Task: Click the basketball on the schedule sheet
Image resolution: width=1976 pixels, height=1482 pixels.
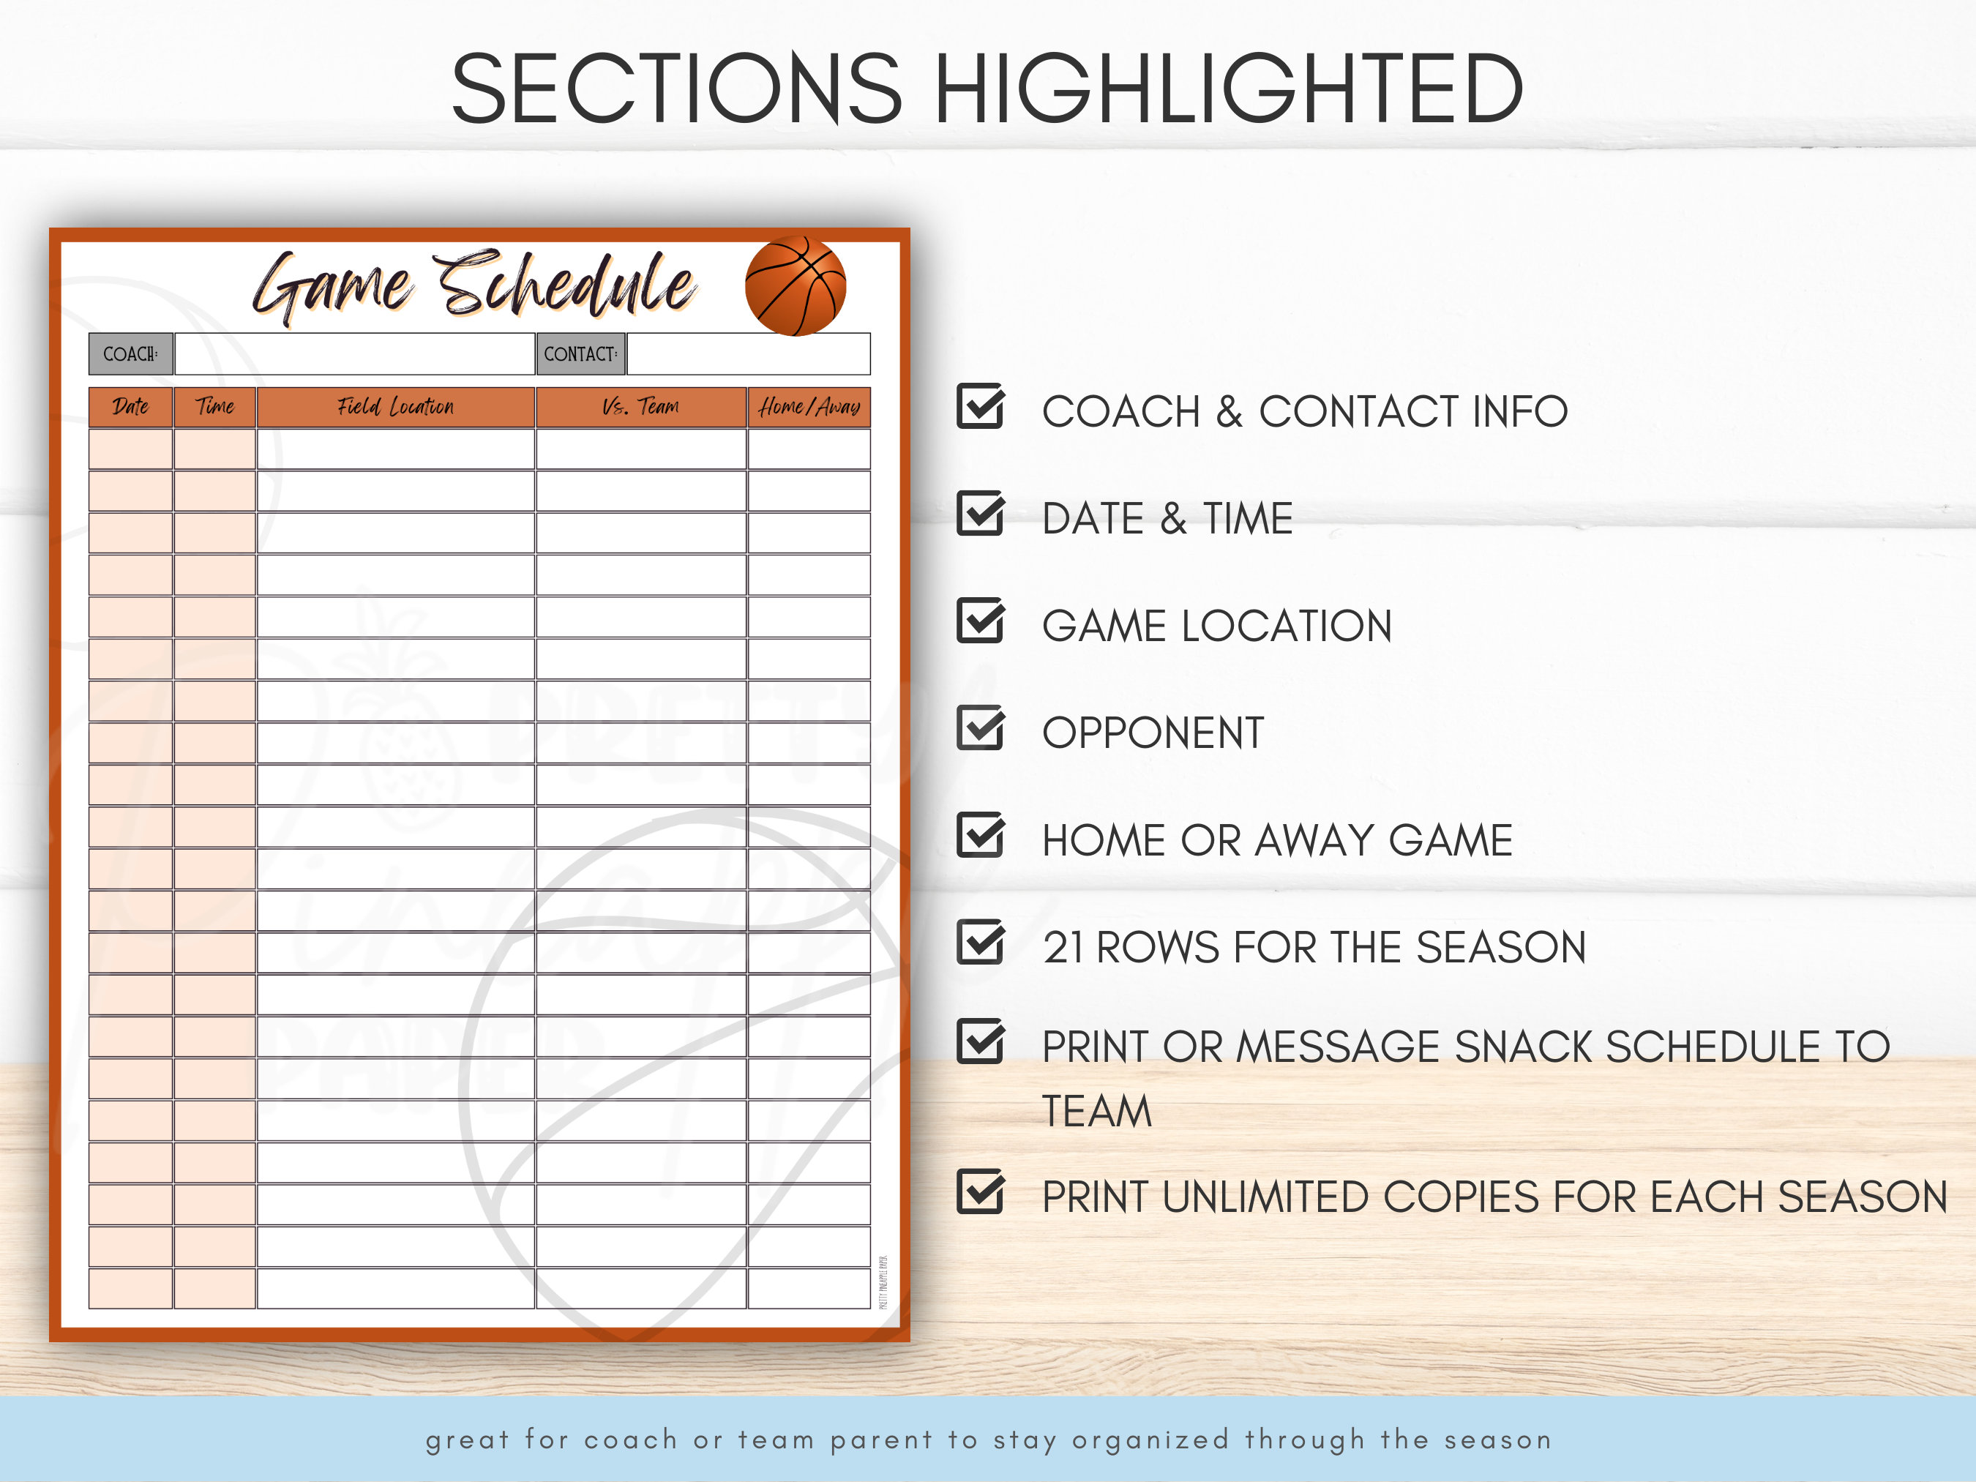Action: [795, 286]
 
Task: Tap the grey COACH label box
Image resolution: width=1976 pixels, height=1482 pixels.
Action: [130, 353]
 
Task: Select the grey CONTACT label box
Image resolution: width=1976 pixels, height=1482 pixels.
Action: [580, 353]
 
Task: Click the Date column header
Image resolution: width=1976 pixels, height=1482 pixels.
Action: [130, 408]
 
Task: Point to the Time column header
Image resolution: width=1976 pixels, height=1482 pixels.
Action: [215, 408]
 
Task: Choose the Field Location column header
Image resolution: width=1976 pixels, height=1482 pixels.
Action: [396, 408]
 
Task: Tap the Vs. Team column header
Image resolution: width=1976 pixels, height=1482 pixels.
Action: [640, 408]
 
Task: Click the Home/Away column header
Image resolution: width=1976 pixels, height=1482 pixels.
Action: [809, 408]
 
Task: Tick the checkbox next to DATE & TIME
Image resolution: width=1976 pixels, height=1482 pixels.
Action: [980, 514]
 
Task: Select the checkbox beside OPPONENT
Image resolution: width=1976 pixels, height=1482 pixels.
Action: [980, 728]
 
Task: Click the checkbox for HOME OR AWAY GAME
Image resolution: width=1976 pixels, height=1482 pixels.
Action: [980, 835]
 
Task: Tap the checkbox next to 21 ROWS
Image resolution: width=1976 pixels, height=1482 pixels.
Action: [980, 943]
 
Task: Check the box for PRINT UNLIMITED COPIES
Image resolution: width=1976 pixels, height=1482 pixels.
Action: [980, 1193]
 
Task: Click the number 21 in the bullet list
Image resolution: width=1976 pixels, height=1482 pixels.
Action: [1063, 948]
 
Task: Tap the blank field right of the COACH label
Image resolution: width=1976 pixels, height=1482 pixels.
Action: [355, 353]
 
